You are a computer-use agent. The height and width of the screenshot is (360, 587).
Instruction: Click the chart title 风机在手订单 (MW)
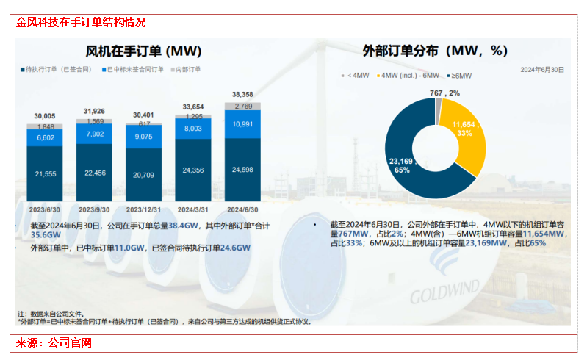pos(143,51)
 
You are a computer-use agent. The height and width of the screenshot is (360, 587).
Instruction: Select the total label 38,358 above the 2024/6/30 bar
pos(242,95)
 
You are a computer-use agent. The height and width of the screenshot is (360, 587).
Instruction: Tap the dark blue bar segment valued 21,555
pos(45,173)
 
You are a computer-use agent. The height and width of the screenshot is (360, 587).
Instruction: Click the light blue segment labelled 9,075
pos(144,136)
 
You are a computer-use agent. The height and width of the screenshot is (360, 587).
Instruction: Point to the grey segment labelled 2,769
pos(242,107)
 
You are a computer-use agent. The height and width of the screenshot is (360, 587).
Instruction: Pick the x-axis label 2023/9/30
pos(94,209)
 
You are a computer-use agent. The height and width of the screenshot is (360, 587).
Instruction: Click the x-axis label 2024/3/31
pos(193,209)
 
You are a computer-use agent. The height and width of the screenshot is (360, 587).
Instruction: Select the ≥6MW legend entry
pos(461,76)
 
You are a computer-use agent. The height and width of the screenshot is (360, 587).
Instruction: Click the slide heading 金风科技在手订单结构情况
pos(81,23)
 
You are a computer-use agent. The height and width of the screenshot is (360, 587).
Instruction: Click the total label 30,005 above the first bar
pos(45,116)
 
